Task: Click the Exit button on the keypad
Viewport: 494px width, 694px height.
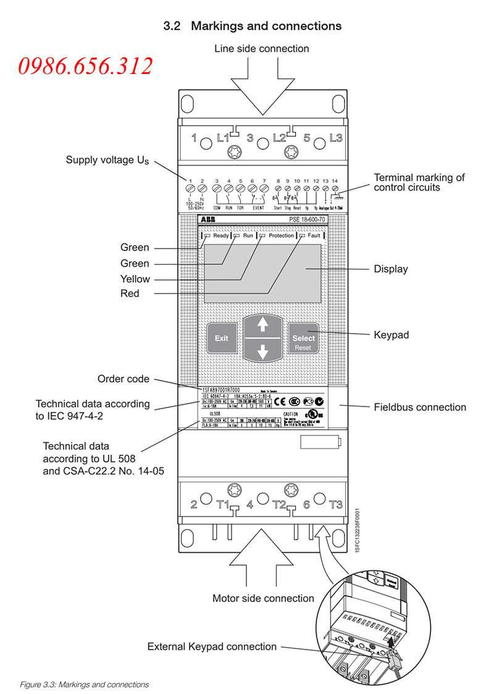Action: tap(221, 338)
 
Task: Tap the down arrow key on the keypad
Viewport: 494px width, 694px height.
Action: tap(263, 352)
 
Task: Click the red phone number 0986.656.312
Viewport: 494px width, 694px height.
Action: tap(85, 66)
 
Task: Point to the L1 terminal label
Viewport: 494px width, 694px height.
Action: tap(223, 139)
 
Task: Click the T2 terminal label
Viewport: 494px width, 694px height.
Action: tap(278, 505)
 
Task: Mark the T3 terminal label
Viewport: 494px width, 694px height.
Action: tap(335, 504)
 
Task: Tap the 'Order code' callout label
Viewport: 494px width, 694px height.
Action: tap(124, 379)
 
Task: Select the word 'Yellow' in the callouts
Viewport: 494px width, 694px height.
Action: tap(135, 279)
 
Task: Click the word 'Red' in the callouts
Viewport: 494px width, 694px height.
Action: tap(130, 294)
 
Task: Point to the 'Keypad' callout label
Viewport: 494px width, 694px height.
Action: tap(391, 335)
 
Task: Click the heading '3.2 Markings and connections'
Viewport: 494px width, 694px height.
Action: tap(252, 26)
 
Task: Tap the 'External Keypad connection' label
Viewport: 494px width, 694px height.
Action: tap(212, 646)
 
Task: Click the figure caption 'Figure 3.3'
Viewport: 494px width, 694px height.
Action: tap(85, 684)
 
